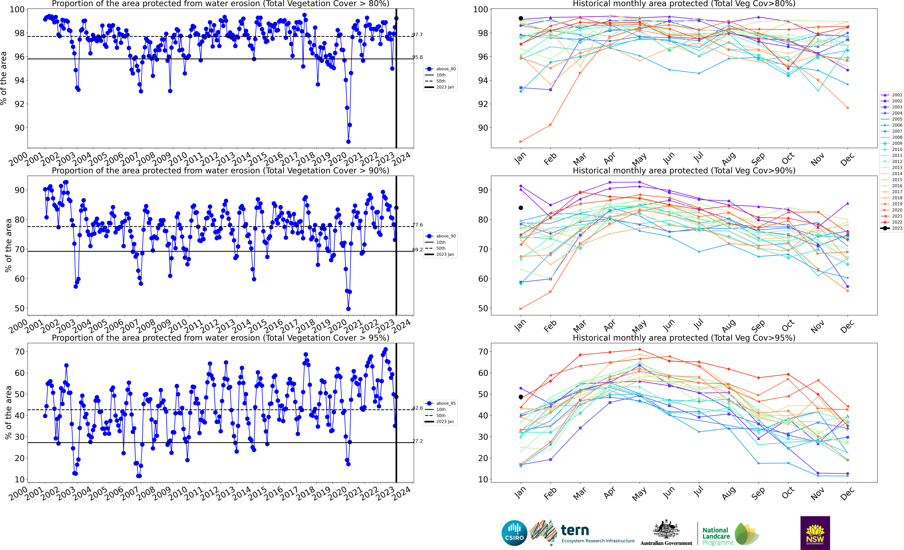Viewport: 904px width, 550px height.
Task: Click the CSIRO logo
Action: pyautogui.click(x=514, y=533)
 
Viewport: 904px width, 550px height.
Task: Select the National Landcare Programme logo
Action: pyautogui.click(x=730, y=535)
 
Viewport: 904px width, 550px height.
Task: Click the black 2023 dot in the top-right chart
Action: pyautogui.click(x=521, y=18)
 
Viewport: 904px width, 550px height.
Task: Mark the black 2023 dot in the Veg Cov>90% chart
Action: pyautogui.click(x=521, y=208)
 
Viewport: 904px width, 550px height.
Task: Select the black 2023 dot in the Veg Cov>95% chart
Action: pyautogui.click(x=521, y=397)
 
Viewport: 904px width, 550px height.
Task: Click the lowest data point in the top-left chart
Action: pyautogui.click(x=348, y=142)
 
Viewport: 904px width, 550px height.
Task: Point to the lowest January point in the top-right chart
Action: pyautogui.click(x=521, y=142)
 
